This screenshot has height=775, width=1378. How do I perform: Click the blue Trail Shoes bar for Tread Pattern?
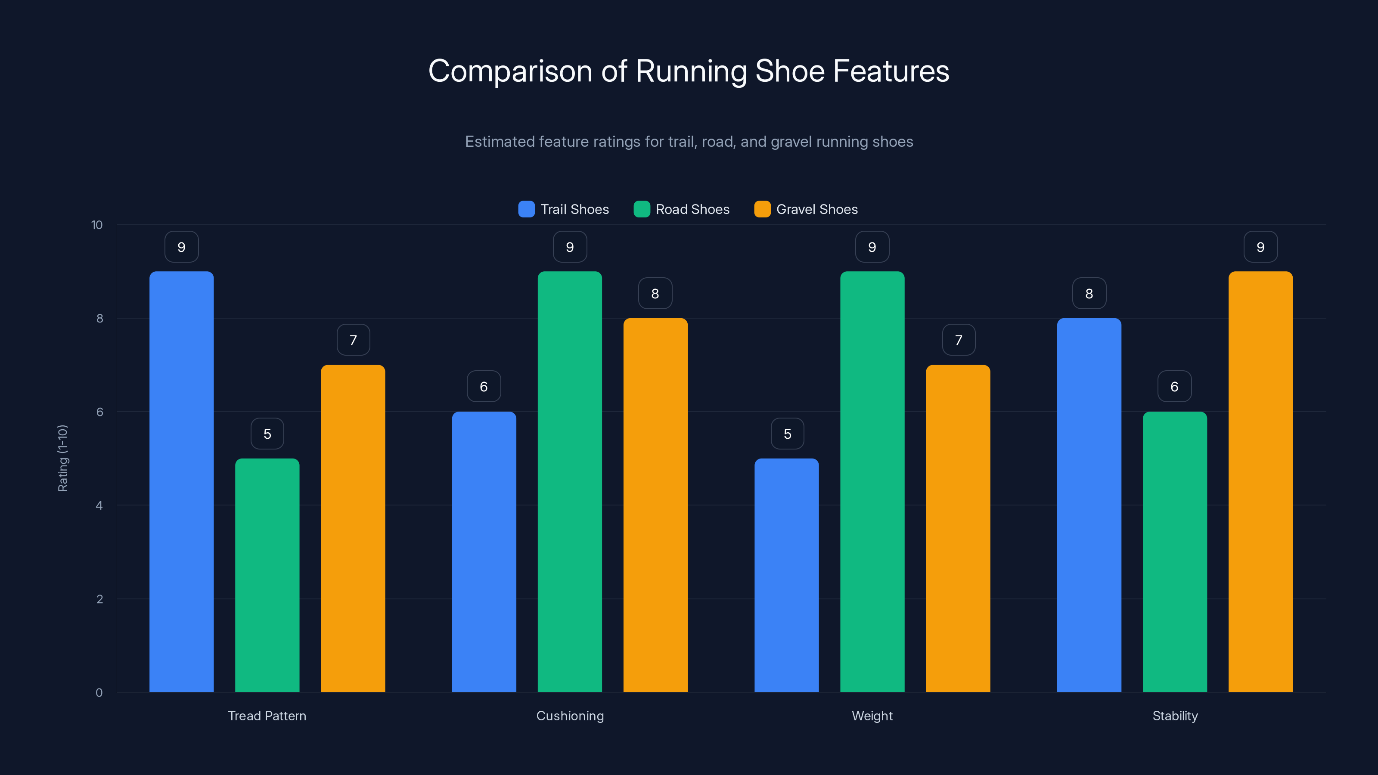point(181,481)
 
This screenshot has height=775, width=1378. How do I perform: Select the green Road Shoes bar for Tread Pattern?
point(267,575)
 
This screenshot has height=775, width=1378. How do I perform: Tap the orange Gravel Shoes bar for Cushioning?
point(655,505)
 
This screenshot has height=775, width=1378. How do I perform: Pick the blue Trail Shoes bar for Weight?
point(786,575)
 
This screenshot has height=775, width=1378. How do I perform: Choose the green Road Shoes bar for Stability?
point(1175,552)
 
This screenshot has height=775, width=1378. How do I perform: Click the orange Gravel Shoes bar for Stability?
point(1260,481)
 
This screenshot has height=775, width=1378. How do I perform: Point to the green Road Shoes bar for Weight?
point(872,481)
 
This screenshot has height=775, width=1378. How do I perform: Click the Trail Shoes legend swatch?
point(526,209)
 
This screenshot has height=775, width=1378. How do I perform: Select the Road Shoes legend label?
point(692,209)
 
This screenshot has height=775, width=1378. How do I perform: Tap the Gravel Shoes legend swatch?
point(762,209)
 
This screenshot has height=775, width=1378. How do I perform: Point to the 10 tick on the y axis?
point(97,225)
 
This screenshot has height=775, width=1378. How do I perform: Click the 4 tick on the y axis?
point(99,505)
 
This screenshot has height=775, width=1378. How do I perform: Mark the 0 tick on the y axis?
point(99,693)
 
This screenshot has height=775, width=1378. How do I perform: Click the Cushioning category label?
point(570,716)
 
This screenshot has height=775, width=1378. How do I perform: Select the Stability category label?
point(1175,716)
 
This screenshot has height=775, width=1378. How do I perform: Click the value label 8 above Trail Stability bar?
point(1089,293)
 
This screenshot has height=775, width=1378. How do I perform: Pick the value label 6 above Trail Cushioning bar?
point(484,386)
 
